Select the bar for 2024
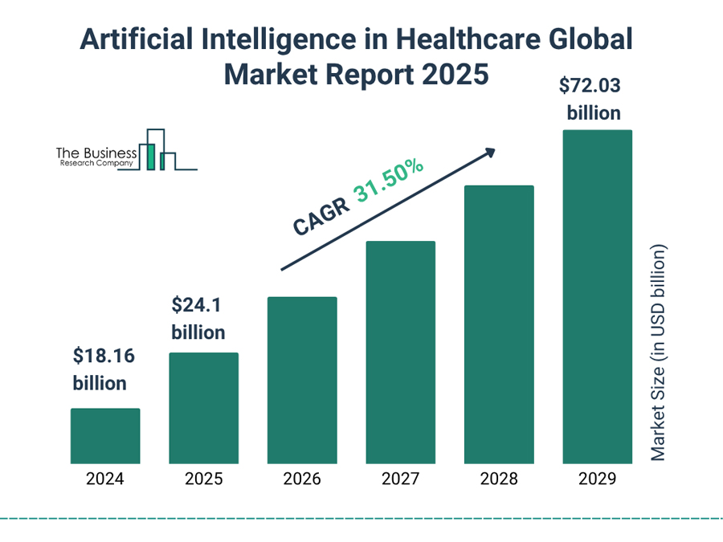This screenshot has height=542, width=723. point(105,436)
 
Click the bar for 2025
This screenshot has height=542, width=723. point(203,408)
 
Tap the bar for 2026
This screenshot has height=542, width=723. point(302,380)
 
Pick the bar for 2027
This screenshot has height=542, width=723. point(400,352)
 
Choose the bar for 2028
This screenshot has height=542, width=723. point(499,324)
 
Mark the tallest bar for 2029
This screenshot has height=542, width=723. point(597,296)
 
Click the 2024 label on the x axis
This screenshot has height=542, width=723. point(105,479)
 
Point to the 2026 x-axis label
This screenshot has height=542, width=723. point(302,479)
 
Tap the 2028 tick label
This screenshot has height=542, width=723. point(499,479)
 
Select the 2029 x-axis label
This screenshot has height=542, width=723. point(597,479)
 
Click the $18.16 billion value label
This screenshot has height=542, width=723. point(100,369)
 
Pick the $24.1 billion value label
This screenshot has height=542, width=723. point(198,318)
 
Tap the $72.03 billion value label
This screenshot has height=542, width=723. point(594,99)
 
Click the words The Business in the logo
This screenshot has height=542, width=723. point(96,152)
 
